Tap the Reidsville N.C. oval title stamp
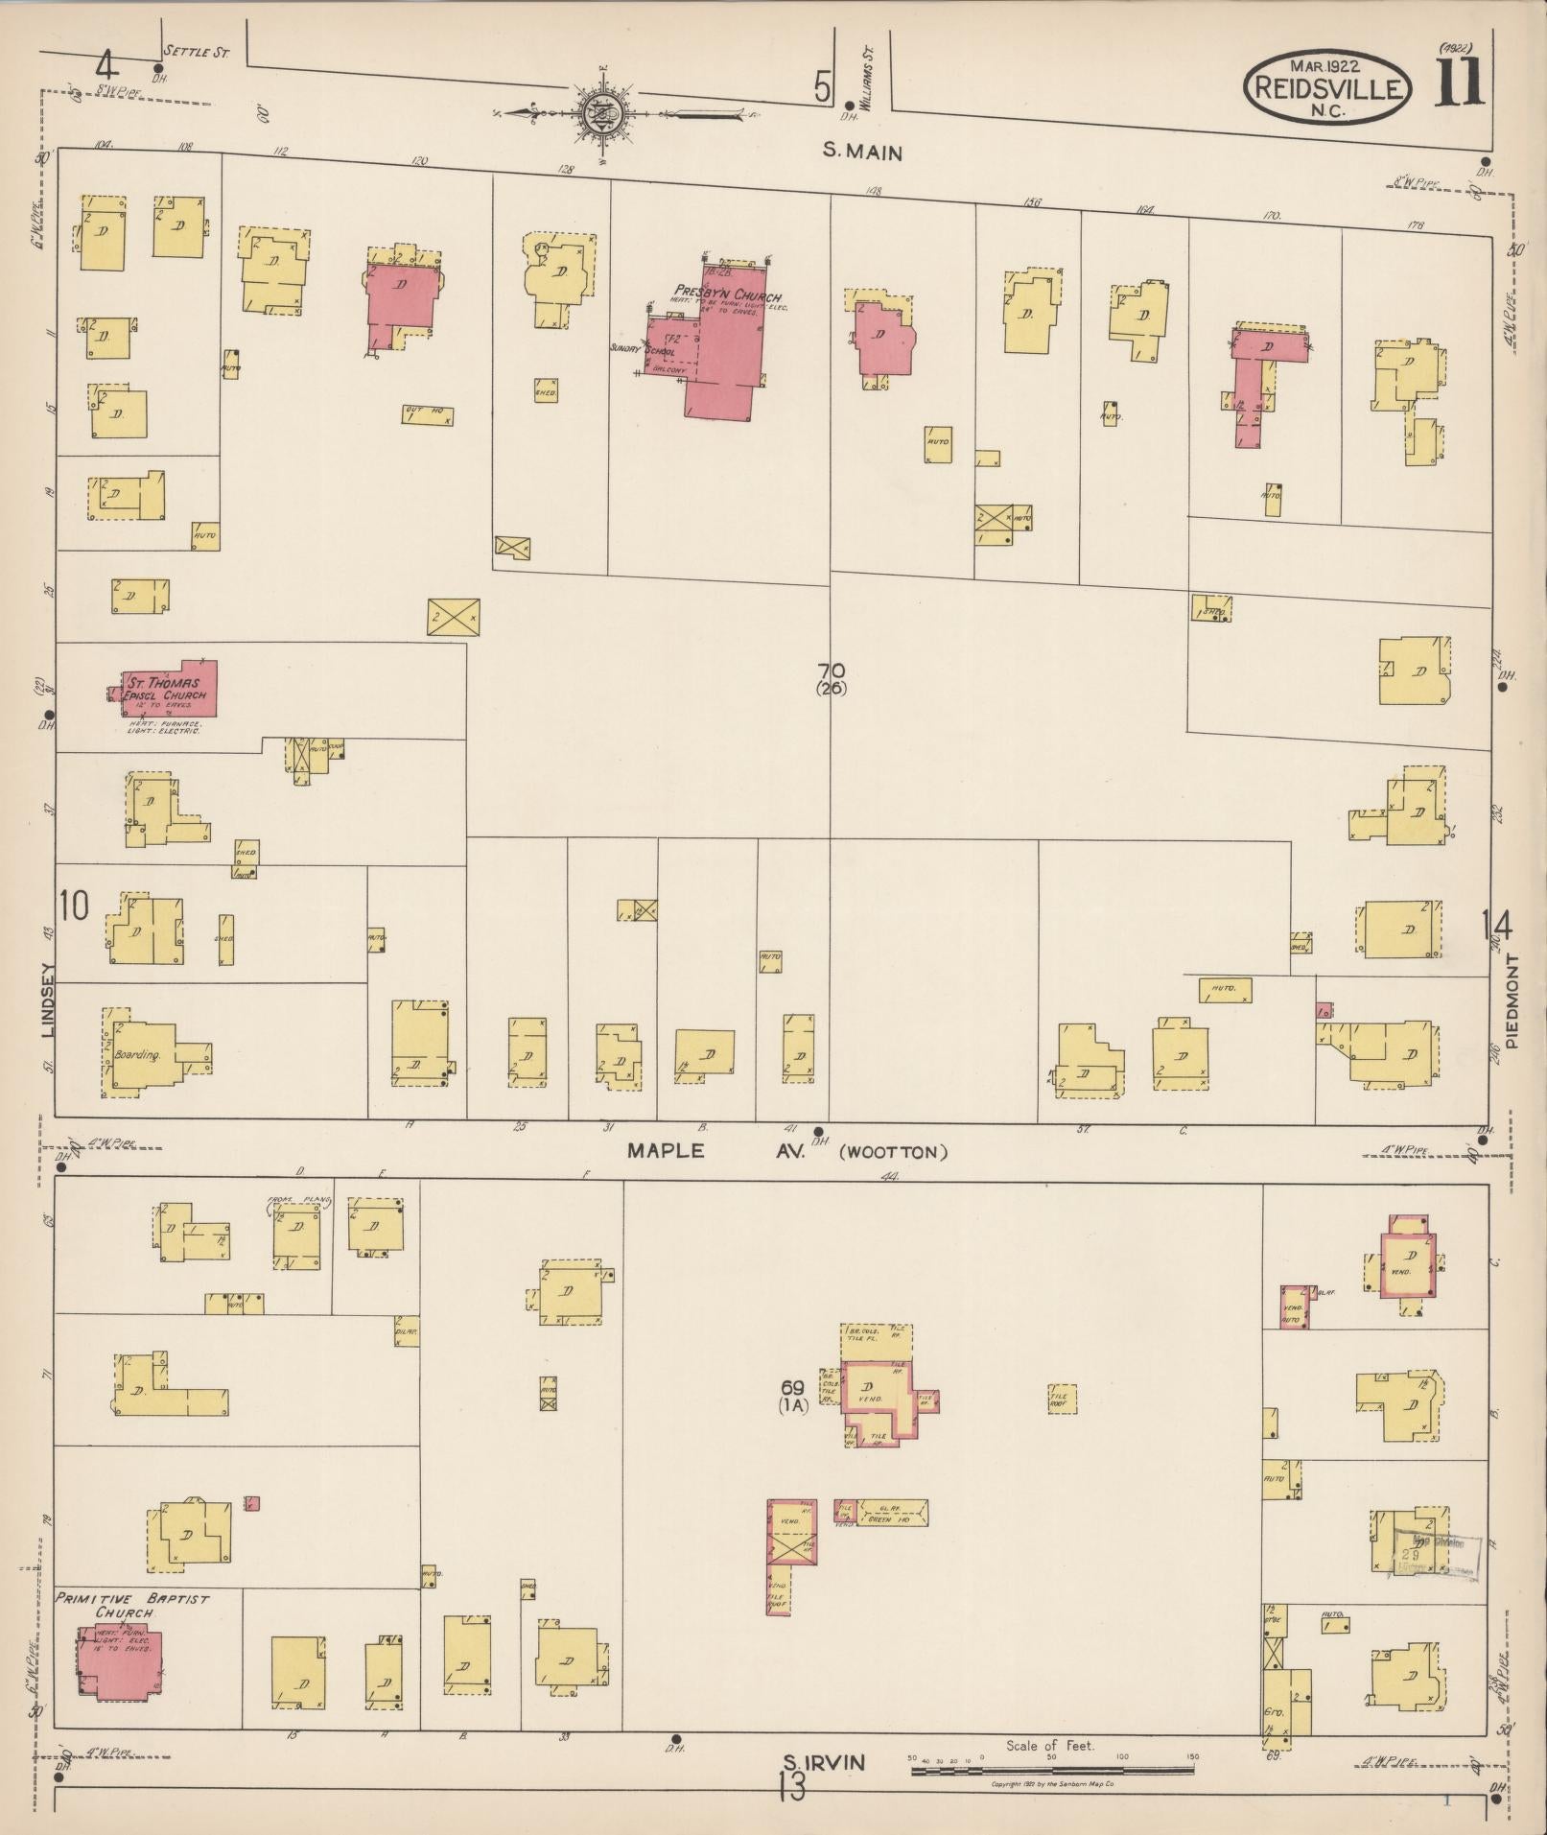pyautogui.click(x=1327, y=89)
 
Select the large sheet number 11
pyautogui.click(x=1459, y=82)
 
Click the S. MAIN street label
pyautogui.click(x=863, y=151)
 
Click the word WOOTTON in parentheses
pyautogui.click(x=893, y=1152)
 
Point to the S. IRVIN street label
pyautogui.click(x=824, y=1761)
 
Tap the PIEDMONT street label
pyautogui.click(x=1512, y=1000)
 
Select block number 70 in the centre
pyautogui.click(x=831, y=670)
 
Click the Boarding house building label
pyautogui.click(x=136, y=1054)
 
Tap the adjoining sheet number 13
pyautogui.click(x=791, y=1788)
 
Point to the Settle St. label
pyautogui.click(x=196, y=51)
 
